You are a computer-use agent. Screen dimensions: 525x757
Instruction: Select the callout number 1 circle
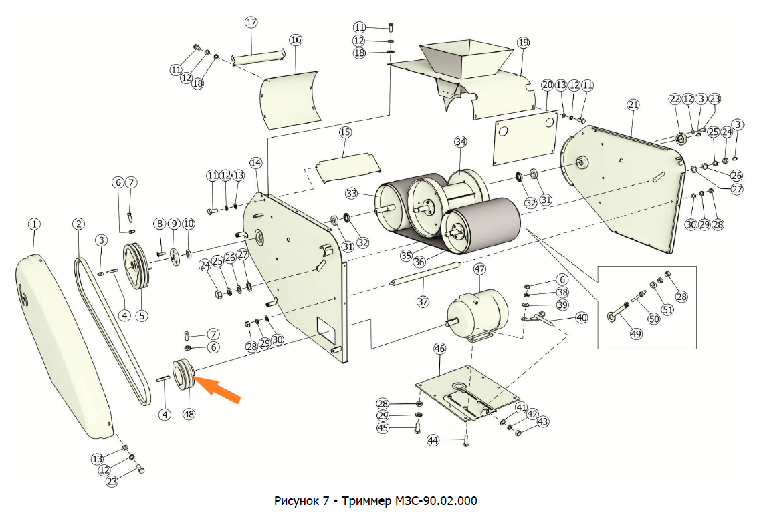click(34, 224)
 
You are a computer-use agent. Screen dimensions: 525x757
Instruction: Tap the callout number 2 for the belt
click(79, 224)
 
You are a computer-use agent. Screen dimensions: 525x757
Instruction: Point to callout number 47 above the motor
click(479, 269)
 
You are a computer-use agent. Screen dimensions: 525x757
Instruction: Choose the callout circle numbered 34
click(460, 142)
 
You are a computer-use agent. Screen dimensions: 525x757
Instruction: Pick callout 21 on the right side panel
click(633, 104)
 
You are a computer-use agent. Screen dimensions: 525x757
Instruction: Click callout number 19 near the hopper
click(523, 43)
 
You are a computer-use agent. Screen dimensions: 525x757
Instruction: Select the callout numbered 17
click(251, 22)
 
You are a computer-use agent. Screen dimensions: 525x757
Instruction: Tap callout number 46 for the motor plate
click(439, 349)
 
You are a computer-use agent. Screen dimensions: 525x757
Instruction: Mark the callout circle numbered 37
click(423, 301)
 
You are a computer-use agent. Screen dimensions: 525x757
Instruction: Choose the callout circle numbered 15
click(345, 132)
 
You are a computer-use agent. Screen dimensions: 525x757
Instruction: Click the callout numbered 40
click(581, 318)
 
